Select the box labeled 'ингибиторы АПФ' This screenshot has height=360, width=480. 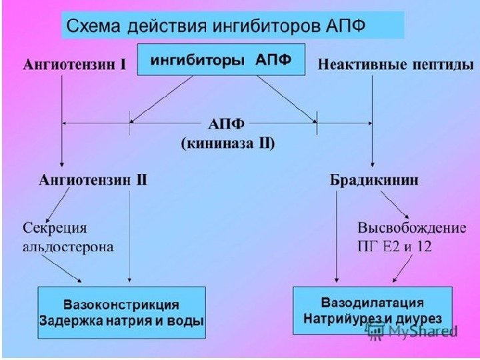coord(221,60)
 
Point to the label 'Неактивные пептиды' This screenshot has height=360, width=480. coord(396,65)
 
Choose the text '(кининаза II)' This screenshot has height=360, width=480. coord(227,143)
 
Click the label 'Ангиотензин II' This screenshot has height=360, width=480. coord(93,180)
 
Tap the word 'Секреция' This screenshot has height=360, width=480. coord(55,228)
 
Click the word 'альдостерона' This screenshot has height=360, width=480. coord(69,246)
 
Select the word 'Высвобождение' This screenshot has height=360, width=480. coord(411,228)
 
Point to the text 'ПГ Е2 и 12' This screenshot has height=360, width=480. coord(395,246)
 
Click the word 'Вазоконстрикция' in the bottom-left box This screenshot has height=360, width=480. coord(121,305)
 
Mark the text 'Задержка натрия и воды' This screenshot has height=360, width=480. coord(121,320)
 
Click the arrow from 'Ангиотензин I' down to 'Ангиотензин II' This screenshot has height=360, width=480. coord(62,120)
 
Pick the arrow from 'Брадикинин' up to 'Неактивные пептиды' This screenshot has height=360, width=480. coord(372,120)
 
